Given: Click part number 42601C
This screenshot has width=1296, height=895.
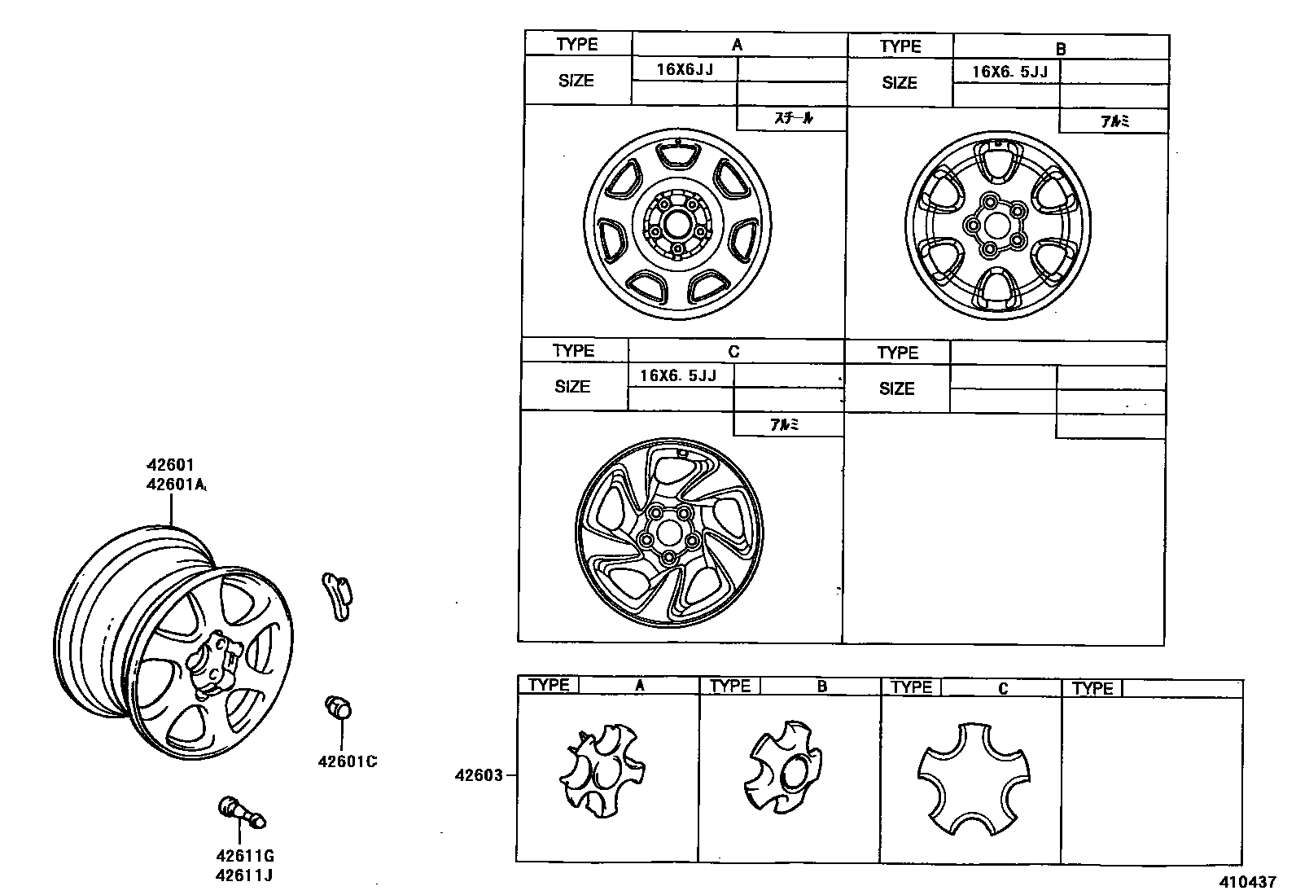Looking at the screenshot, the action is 347,761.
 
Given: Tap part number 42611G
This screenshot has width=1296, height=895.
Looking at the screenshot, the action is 245,856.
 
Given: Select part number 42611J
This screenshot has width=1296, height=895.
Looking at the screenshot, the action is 244,876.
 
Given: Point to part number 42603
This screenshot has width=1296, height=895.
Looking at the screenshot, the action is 479,775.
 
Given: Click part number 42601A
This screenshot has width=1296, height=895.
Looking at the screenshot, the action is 176,484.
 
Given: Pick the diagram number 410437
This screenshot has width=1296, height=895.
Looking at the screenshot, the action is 1248,882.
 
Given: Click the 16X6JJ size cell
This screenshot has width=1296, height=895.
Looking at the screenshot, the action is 685,69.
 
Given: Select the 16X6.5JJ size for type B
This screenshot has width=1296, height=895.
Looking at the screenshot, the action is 1009,72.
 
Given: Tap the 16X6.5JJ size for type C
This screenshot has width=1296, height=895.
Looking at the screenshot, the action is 678,375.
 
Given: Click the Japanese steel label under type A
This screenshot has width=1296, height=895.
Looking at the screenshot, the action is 793,118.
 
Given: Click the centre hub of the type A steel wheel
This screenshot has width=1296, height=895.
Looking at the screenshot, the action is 677,225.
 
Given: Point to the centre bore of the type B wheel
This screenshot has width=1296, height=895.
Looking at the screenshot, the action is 997,226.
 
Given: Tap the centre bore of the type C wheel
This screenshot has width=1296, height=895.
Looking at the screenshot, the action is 669,533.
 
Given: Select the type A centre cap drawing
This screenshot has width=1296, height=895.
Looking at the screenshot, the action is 602,770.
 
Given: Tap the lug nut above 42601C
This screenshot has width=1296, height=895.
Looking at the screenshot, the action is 338,707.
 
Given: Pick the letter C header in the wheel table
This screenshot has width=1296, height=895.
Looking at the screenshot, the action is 733,351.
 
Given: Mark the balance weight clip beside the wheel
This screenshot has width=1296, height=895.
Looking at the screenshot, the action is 337,596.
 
